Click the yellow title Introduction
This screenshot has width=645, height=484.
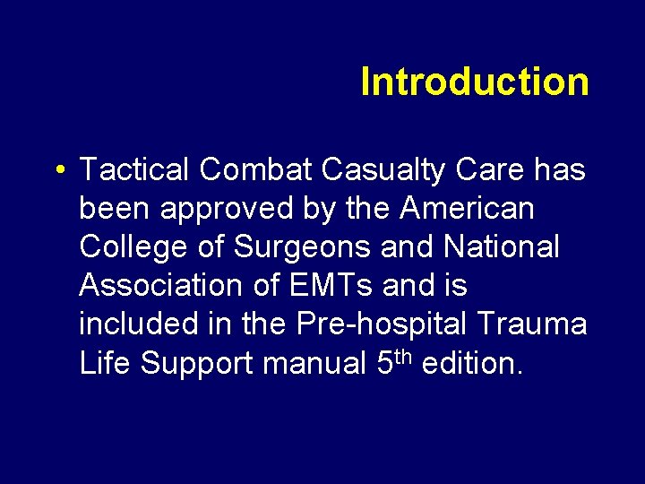(475, 82)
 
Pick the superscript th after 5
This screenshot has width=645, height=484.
(401, 356)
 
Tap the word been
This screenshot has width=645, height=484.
(114, 209)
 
